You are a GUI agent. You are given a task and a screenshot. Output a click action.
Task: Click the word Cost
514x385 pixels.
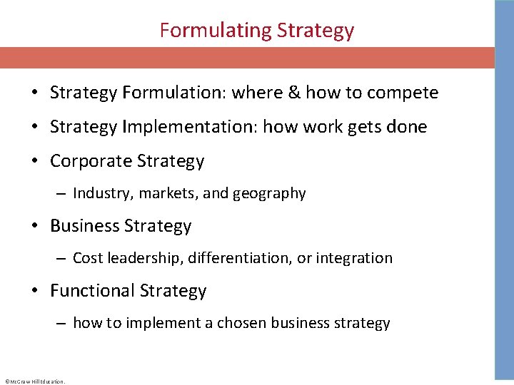(87, 258)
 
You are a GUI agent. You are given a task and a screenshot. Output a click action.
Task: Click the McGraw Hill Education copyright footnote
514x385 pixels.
(34, 381)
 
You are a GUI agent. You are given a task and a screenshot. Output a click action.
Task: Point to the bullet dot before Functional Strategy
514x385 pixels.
(34, 291)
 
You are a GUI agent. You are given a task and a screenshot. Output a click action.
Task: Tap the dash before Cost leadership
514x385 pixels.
(61, 258)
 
